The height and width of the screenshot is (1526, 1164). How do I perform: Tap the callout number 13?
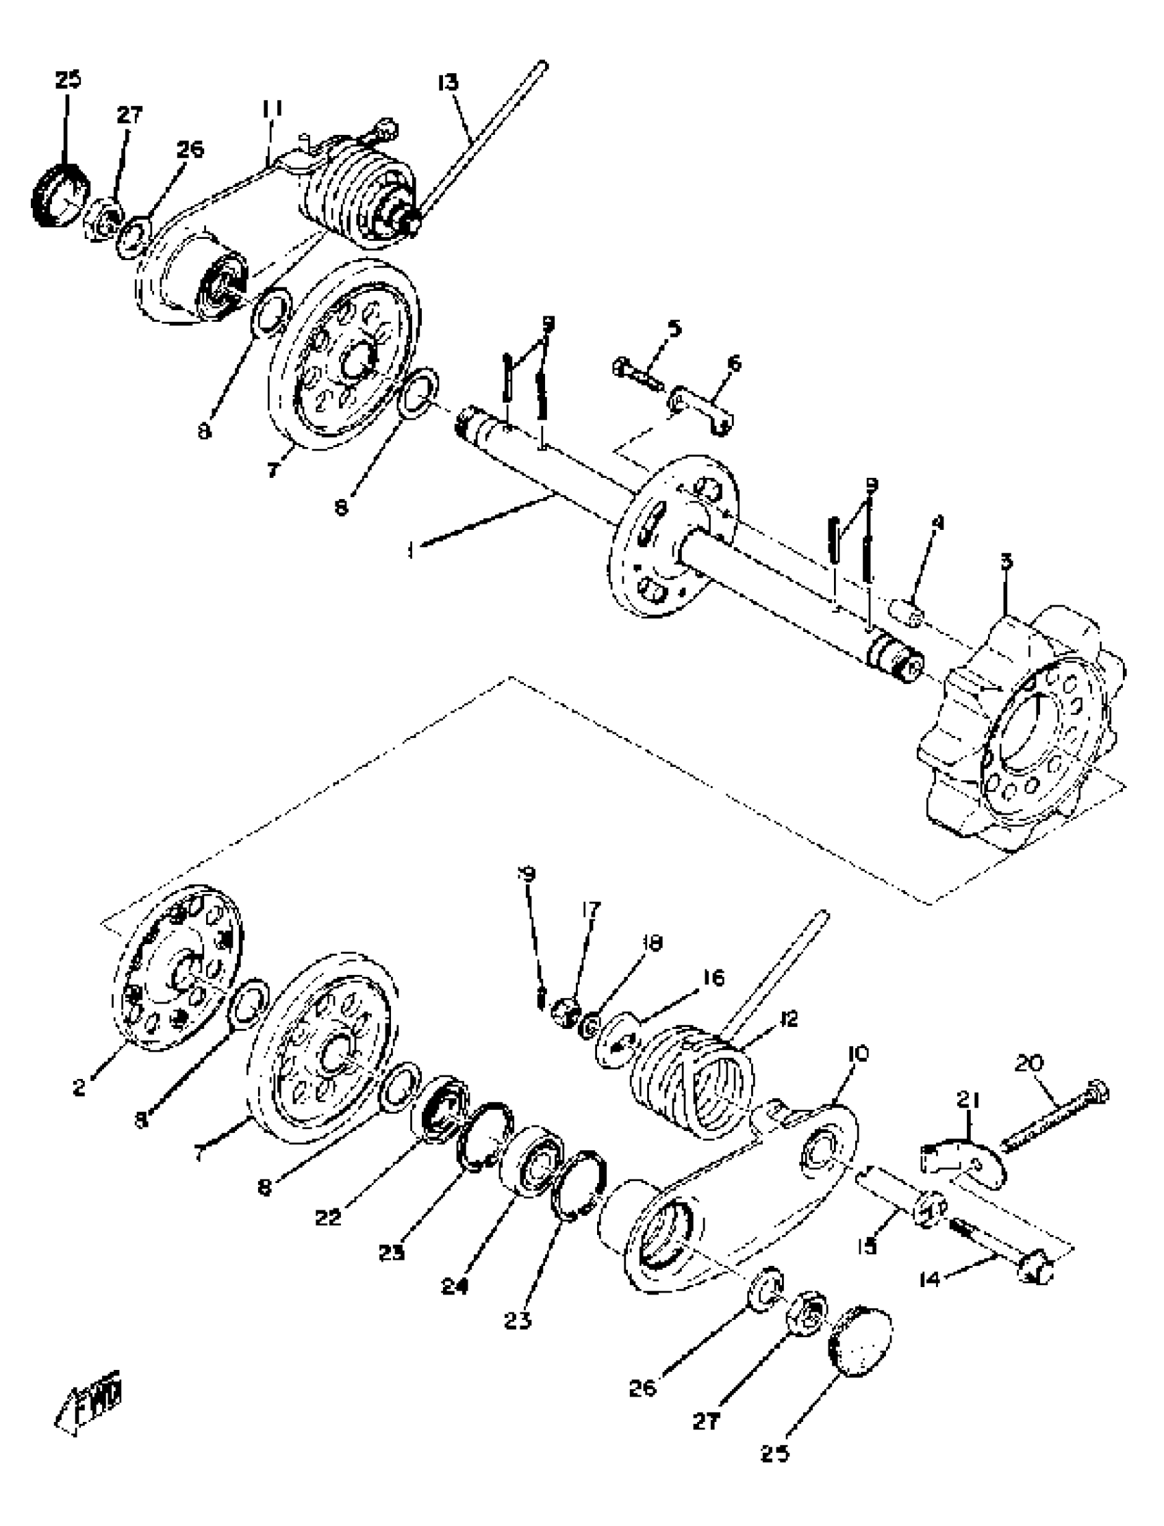pos(448,82)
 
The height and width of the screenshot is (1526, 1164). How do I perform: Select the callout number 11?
pos(272,109)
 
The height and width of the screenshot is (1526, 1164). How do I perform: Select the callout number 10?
pos(857,1054)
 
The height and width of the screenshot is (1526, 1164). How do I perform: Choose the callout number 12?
pos(789,1018)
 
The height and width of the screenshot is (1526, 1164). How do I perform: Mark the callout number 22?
pos(328,1217)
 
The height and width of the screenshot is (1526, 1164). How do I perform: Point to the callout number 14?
pos(929,1280)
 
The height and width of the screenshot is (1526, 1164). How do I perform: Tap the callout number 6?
pos(734,363)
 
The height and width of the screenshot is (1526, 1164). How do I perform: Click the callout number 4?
pos(937,522)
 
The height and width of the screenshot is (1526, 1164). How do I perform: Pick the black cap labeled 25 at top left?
pos(60,193)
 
